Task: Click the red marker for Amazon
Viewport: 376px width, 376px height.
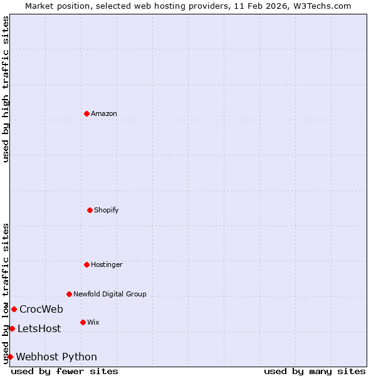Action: tap(86, 113)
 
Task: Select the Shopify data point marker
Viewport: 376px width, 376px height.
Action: tap(90, 210)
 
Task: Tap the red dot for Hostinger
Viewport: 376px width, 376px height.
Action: tap(86, 264)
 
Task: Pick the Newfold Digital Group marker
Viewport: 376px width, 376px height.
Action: tap(69, 294)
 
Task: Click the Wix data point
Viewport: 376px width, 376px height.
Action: tap(83, 322)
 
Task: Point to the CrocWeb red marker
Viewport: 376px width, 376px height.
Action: tap(14, 309)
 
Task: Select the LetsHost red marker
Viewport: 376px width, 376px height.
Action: tap(12, 328)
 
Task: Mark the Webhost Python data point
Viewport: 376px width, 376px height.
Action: tap(10, 357)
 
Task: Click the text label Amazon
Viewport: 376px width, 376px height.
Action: tap(104, 113)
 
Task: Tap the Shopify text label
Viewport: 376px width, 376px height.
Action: tap(107, 210)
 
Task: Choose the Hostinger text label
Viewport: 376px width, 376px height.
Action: tap(107, 264)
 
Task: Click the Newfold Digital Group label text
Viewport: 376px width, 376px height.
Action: tap(110, 294)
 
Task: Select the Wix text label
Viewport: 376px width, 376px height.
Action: tap(93, 322)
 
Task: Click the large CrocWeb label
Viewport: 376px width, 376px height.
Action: tap(41, 309)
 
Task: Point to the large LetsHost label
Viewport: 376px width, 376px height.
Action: tap(39, 328)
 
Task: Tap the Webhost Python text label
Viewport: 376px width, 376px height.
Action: tap(56, 357)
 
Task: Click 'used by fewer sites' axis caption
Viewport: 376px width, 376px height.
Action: tap(65, 371)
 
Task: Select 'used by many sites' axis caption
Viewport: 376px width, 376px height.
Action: tap(315, 371)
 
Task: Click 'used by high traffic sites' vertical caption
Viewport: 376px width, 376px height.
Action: tap(6, 89)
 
